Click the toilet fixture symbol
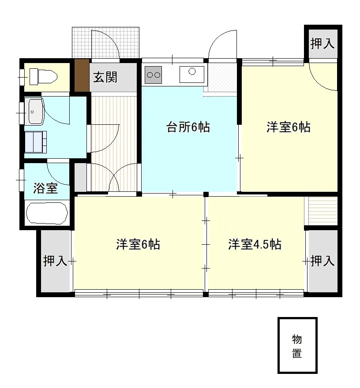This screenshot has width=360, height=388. click(43, 76)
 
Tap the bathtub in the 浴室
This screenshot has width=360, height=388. click(47, 213)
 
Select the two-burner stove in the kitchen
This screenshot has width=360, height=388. click(153, 75)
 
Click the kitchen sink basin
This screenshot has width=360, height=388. click(192, 75)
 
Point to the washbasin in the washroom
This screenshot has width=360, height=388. click(36, 112)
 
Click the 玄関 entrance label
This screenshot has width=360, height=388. click(105, 78)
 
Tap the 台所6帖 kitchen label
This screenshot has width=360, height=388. click(188, 127)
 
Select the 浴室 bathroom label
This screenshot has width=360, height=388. click(45, 188)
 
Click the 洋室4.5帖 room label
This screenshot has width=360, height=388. click(255, 244)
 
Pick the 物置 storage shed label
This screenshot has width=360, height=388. click(297, 346)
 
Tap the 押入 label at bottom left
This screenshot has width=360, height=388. click(55, 261)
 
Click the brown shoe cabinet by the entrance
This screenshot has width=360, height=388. click(82, 75)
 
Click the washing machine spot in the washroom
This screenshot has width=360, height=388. click(36, 142)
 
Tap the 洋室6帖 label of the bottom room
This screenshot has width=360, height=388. click(138, 244)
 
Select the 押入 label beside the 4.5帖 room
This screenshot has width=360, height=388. click(322, 261)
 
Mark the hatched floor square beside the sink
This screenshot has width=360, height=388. click(222, 77)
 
